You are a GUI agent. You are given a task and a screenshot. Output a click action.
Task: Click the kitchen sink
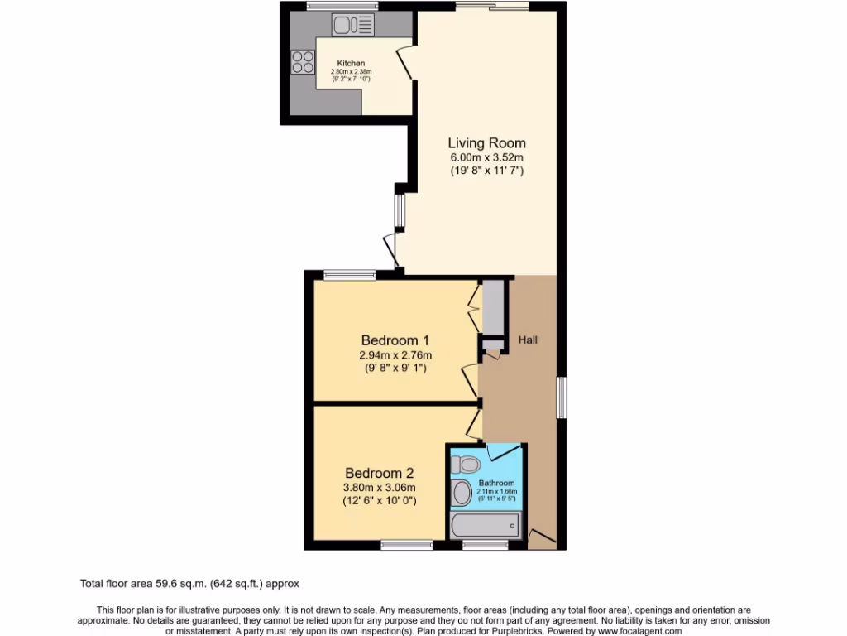(353, 26)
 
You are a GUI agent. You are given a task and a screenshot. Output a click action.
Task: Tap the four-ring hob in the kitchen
(303, 61)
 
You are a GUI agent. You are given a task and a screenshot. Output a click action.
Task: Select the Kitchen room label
(351, 64)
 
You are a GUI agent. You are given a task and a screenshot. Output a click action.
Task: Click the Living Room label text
(486, 143)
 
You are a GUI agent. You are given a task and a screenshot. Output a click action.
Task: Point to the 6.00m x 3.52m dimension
(486, 157)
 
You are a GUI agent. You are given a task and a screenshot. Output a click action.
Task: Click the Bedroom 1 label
(395, 340)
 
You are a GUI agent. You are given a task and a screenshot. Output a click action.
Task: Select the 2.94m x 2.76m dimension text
(395, 355)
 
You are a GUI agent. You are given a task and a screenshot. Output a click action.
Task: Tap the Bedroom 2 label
(380, 473)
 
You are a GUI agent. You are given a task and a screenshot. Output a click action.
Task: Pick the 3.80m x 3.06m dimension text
(380, 488)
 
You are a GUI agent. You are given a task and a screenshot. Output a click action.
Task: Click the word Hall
(528, 340)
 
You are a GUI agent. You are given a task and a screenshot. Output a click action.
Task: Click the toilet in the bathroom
(468, 462)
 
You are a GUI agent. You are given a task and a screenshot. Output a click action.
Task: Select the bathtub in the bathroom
(486, 524)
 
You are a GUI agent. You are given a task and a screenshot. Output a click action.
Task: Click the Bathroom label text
(496, 483)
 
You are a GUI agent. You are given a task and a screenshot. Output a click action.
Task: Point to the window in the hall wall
(562, 397)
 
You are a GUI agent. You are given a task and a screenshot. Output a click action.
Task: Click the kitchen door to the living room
(405, 63)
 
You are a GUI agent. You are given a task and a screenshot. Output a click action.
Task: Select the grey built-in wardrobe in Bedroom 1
(493, 307)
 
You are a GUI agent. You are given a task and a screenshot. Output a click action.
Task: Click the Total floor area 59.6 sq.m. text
(195, 583)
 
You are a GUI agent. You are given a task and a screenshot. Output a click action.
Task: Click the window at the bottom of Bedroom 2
(407, 544)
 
